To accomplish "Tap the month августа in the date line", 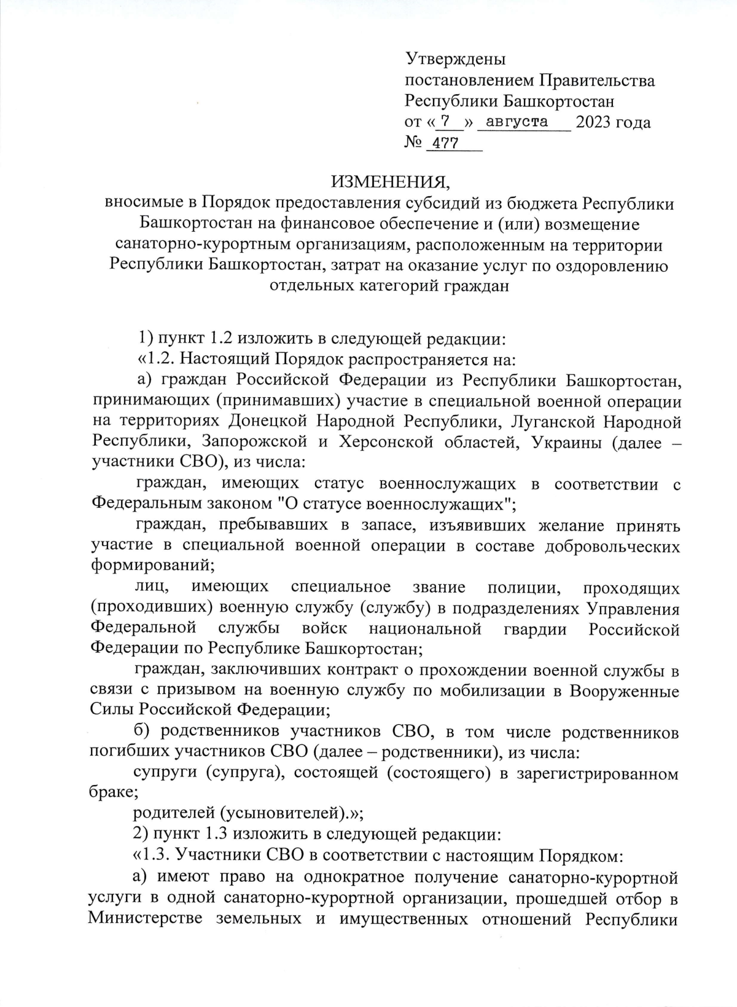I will point(517,122).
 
